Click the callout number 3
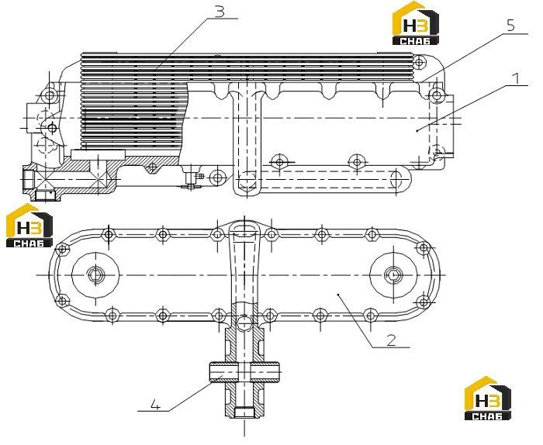(220, 12)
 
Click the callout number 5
(510, 26)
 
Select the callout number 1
(517, 78)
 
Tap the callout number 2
(391, 340)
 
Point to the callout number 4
(155, 405)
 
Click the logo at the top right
(416, 23)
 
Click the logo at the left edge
(29, 226)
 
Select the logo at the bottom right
(488, 398)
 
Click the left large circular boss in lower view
(95, 275)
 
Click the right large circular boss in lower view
(394, 275)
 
